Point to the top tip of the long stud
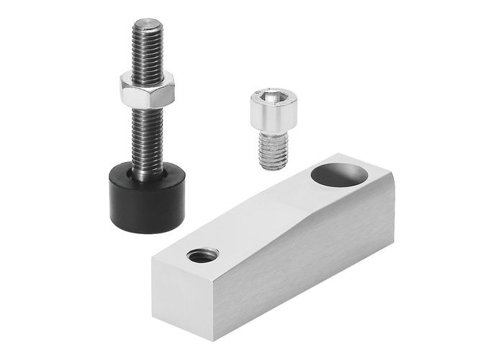click(146, 22)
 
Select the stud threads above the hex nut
click(146, 47)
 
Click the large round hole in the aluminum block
click(338, 174)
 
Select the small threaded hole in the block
click(202, 253)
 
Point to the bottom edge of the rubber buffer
click(148, 230)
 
